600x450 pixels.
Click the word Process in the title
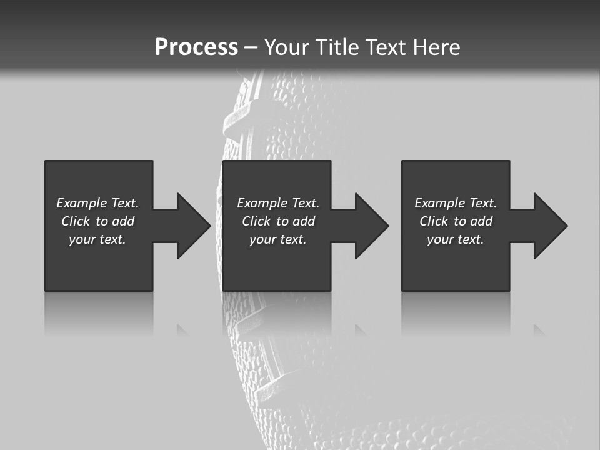coord(196,47)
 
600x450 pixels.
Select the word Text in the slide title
coord(386,47)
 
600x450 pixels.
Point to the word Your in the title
coord(286,47)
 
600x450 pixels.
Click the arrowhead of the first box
coord(193,226)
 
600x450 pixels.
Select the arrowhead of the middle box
coord(371,226)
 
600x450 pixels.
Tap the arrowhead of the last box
coord(550,226)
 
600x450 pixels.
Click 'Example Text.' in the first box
coord(97,203)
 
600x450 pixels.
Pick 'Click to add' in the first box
coord(97,221)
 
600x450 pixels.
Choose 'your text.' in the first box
coord(97,239)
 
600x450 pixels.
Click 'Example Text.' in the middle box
coord(278,203)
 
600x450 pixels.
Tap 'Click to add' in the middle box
coord(278,221)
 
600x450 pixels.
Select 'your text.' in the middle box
coord(278,239)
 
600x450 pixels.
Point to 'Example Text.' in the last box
coord(456,203)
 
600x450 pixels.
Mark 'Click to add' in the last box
coord(456,221)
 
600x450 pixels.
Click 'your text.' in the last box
coord(456,239)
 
